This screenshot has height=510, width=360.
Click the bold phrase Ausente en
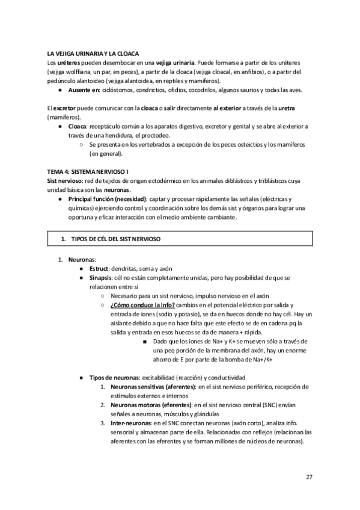pyautogui.click(x=84, y=90)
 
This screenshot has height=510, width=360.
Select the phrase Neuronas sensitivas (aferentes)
pyautogui.click(x=153, y=386)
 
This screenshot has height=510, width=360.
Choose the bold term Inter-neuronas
pyautogui.click(x=130, y=423)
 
